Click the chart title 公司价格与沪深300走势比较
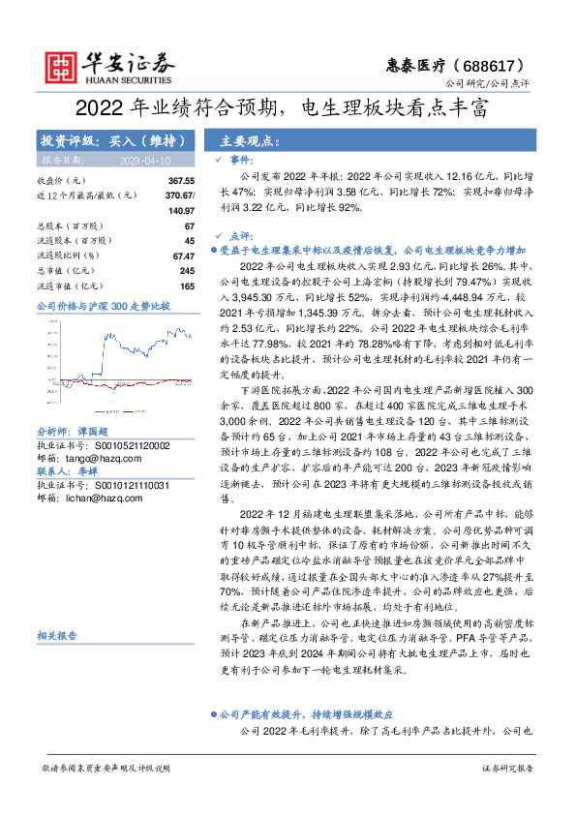point(103,307)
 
